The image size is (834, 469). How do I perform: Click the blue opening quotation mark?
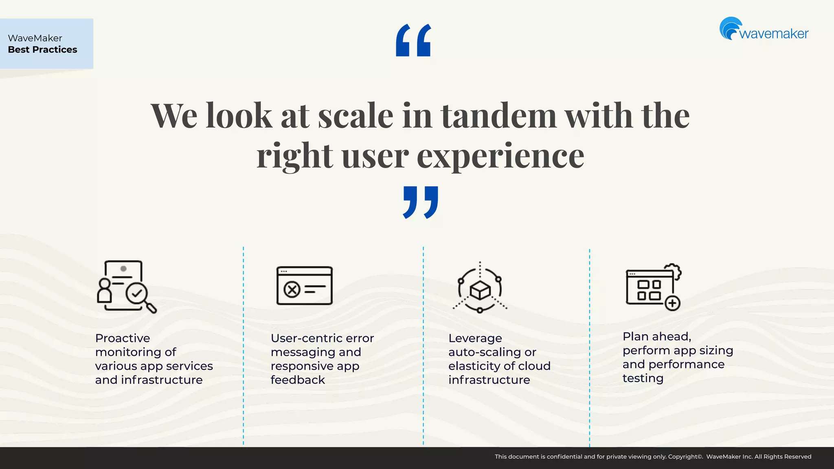pos(413,40)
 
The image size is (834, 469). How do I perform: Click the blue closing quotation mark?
pos(420,202)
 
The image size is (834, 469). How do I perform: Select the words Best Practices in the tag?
pos(42,50)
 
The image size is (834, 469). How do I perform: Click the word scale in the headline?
pos(356,116)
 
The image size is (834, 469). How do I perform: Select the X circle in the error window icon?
pos(292,290)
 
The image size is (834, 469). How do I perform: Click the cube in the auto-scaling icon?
pos(480,290)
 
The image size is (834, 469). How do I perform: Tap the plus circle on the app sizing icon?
pos(672,303)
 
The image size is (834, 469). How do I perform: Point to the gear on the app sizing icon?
pos(674,271)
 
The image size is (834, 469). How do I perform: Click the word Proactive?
pos(123,338)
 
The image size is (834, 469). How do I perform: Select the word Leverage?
pos(475,338)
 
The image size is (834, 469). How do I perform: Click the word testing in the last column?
pos(643,378)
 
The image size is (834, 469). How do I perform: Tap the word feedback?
pos(298,380)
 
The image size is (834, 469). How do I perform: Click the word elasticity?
pos(473,366)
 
